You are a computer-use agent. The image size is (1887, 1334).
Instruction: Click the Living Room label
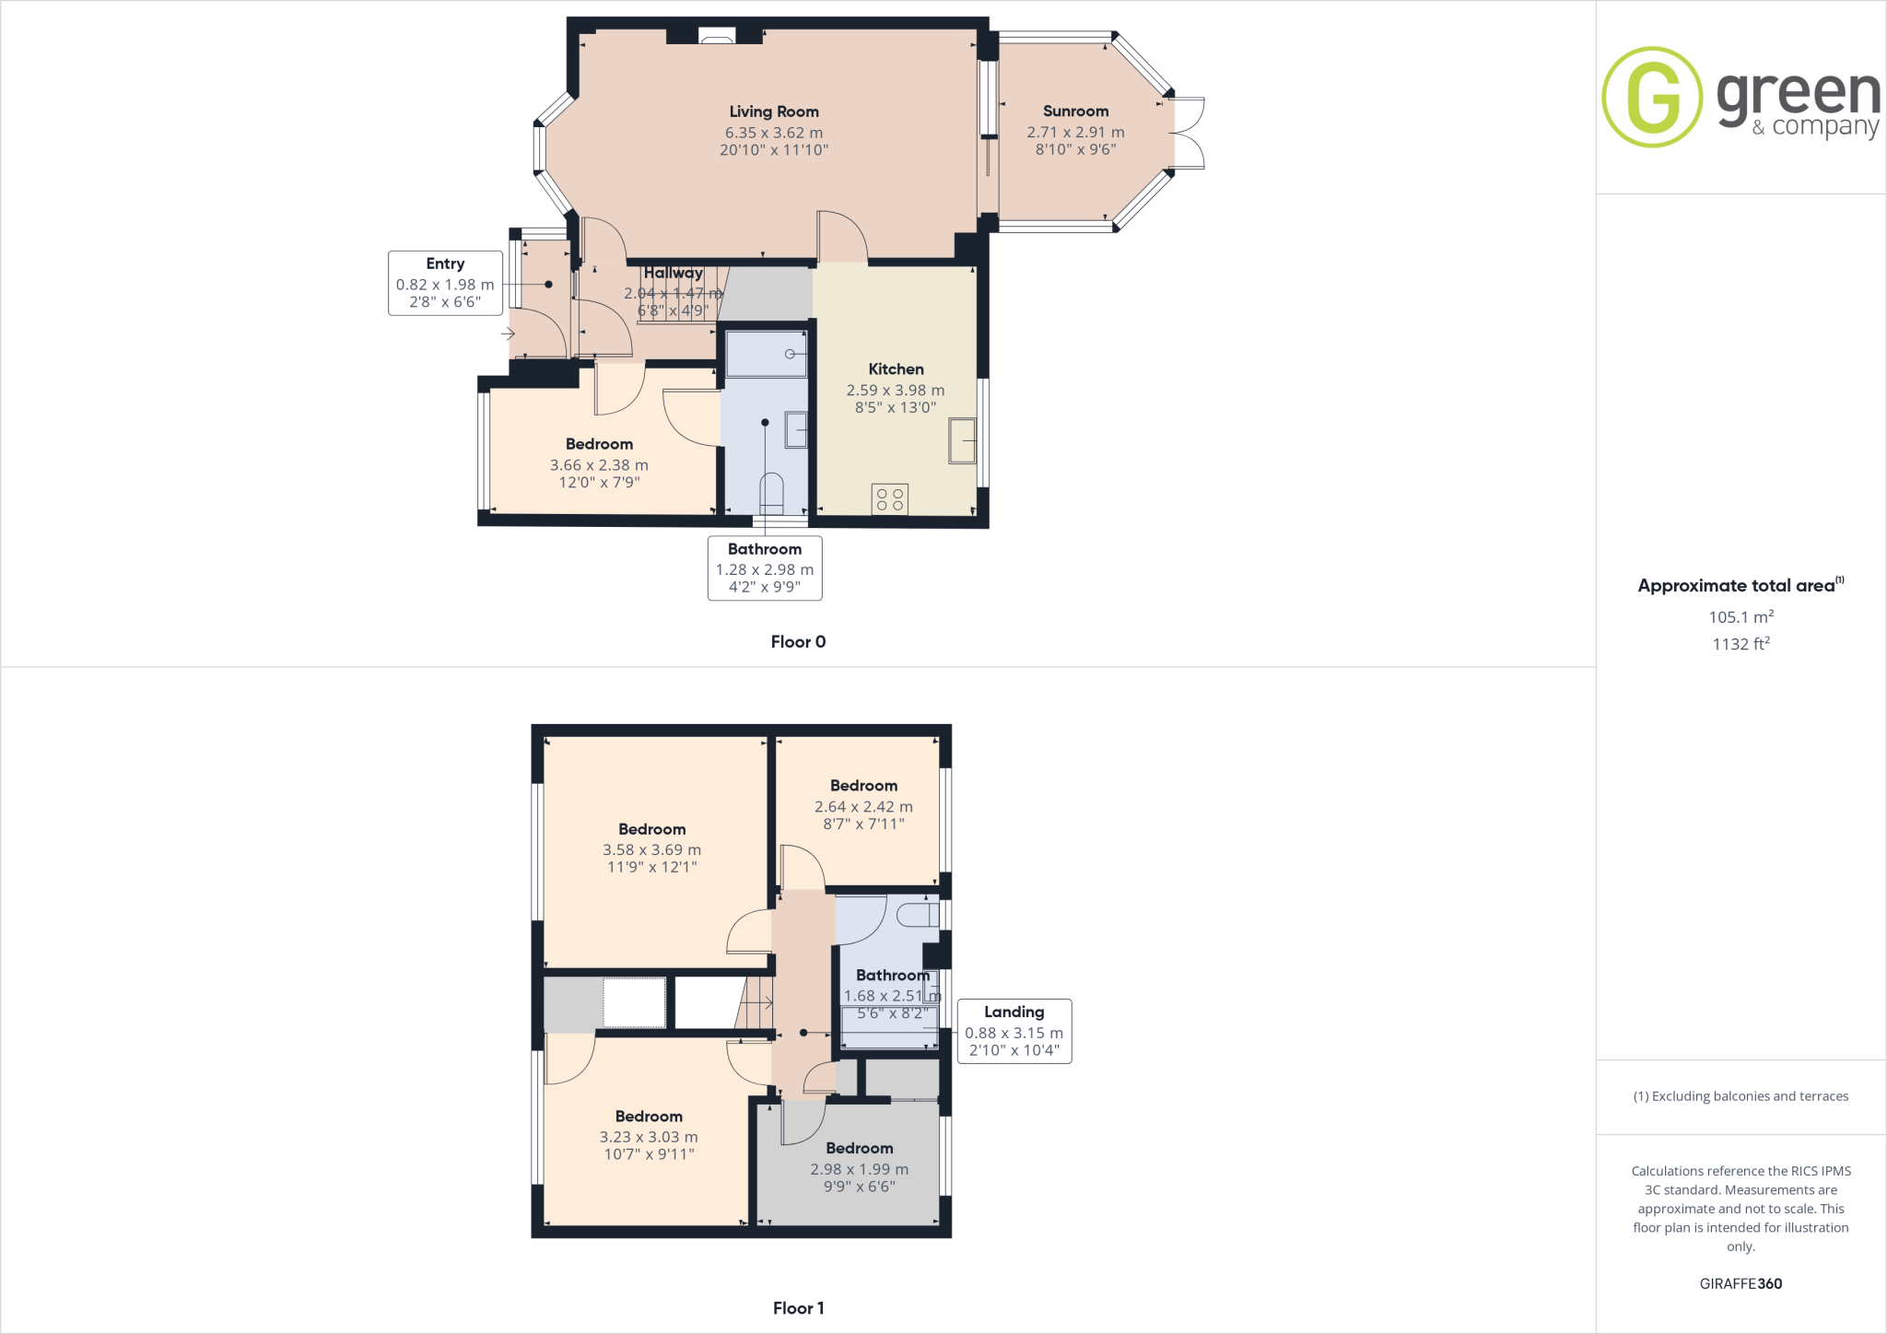point(774,112)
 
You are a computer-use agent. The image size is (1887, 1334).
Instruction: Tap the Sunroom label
point(1075,111)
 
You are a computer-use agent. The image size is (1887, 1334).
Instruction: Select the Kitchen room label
point(896,369)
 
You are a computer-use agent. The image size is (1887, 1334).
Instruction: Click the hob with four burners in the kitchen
point(890,499)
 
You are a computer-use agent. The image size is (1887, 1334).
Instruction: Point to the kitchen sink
point(962,440)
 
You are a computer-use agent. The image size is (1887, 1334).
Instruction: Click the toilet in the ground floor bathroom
point(771,493)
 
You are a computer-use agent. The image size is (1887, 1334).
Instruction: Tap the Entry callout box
point(445,283)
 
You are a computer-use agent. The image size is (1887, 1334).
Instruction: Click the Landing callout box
point(1014,1031)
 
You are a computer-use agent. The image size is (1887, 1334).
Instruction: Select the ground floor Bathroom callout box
point(765,568)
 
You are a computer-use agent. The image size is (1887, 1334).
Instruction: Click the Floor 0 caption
point(798,642)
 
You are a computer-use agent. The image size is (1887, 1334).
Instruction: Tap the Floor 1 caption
point(798,1308)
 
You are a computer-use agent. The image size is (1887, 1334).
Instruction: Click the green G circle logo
point(1652,97)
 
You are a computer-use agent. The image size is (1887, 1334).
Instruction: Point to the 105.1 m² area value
point(1740,617)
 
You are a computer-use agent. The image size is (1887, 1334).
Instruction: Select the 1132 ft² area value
point(1740,644)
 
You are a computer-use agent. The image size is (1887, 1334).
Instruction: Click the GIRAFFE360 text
point(1740,1283)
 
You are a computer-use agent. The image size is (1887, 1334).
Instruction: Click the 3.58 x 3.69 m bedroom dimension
point(651,850)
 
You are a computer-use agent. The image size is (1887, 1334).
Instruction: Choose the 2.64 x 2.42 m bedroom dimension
point(863,807)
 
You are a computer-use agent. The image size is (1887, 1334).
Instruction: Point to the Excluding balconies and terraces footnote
point(1740,1096)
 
